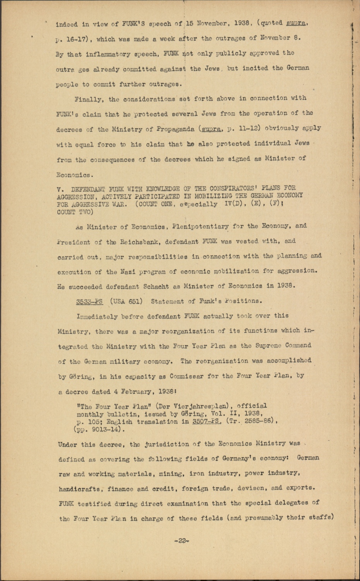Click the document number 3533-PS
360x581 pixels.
[x=89, y=301]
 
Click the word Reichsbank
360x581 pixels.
[x=134, y=242]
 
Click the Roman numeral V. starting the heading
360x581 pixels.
[x=60, y=189]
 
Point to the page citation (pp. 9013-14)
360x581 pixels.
[x=99, y=429]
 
